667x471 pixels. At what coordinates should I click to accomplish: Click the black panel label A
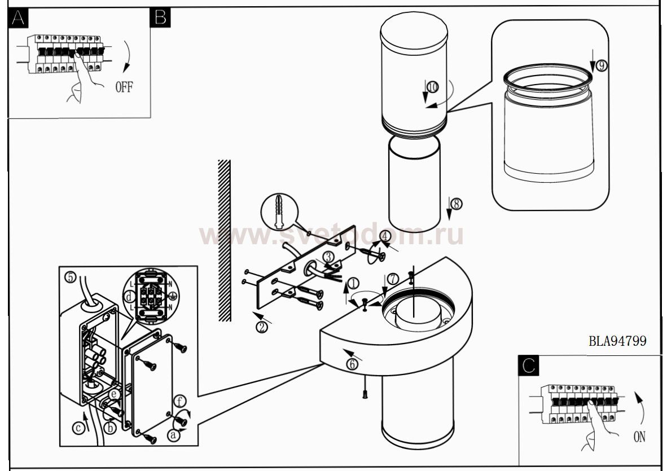(18, 17)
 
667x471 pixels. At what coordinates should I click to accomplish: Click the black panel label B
(160, 17)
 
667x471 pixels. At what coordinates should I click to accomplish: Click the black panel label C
(529, 366)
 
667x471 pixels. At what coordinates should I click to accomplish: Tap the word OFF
(124, 87)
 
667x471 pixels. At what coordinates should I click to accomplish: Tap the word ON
(639, 437)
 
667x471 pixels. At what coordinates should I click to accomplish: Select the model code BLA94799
(618, 341)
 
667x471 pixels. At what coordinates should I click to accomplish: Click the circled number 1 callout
(353, 284)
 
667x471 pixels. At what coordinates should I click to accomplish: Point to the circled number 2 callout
(262, 327)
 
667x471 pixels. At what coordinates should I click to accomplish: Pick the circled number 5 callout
(71, 278)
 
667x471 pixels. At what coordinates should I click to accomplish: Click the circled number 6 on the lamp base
(352, 364)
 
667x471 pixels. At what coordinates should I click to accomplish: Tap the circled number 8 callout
(457, 204)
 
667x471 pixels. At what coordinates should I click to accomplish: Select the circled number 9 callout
(601, 65)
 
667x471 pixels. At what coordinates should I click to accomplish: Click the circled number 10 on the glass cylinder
(433, 87)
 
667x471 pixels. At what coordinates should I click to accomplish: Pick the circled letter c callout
(78, 429)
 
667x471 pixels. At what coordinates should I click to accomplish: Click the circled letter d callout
(129, 296)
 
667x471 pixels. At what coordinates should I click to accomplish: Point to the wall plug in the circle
(279, 212)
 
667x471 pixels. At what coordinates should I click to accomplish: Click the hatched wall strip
(224, 241)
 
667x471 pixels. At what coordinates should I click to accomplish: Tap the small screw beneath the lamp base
(365, 394)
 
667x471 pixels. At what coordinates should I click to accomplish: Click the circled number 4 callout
(385, 236)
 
